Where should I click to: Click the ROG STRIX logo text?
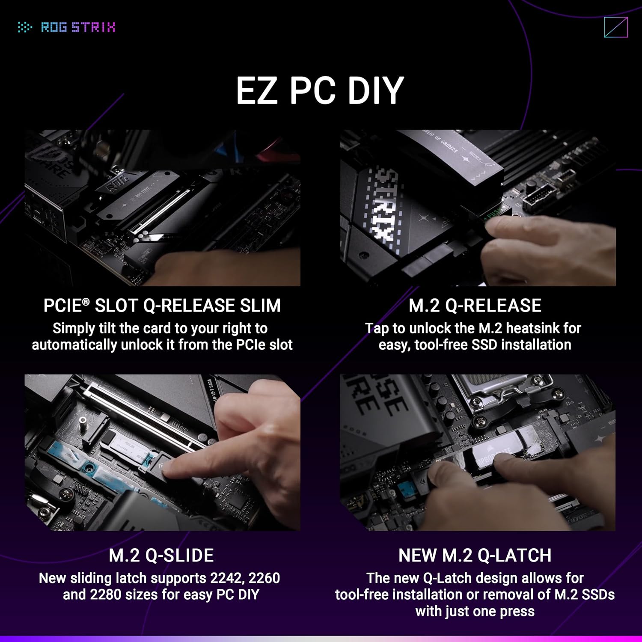77,27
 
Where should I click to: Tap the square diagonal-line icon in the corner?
615,27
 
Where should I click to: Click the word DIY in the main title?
375,90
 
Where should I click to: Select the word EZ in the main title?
256,90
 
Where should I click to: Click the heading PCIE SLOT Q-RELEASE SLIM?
162,306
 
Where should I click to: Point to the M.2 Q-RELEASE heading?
475,306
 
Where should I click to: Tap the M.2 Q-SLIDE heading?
161,555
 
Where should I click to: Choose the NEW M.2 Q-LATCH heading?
475,555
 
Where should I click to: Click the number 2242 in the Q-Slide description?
226,578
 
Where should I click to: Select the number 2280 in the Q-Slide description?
106,595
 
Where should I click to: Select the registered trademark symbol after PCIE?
86,302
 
